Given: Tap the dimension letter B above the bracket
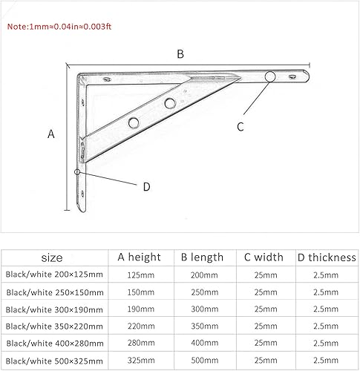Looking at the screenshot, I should pos(180,53).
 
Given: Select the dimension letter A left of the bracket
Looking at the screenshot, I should pos(51,134).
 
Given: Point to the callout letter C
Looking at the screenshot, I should pos(240,126).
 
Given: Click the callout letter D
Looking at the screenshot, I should pos(146,187).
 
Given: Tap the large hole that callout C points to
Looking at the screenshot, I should pos(270,76).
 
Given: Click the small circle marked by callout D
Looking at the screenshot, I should pos(78,172).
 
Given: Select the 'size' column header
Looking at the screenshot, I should pos(53,257).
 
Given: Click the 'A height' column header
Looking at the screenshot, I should pos(139,257).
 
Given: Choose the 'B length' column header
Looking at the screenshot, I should pos(202,257).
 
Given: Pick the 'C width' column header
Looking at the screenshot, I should pos(264,257).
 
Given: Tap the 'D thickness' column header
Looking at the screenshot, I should pos(327,257).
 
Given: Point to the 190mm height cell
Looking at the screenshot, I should pos(140,309).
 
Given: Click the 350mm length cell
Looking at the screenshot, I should pos(202,326).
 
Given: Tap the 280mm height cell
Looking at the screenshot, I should pos(140,343).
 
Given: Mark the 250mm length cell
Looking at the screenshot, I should pos(202,292).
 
